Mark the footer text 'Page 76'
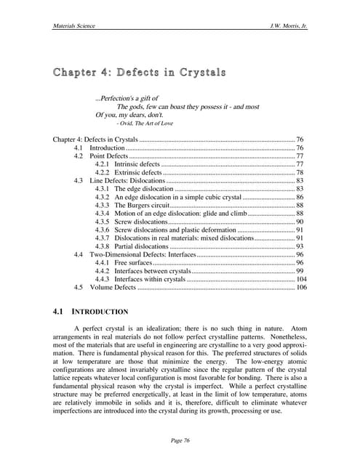click(x=180, y=441)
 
